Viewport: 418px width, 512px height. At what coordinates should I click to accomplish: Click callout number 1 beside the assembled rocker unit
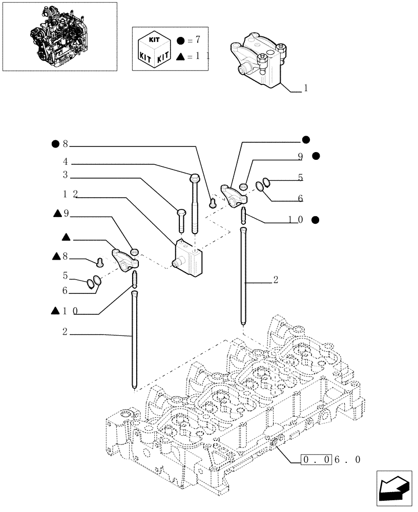(306, 89)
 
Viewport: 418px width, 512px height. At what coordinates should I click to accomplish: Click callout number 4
(66, 161)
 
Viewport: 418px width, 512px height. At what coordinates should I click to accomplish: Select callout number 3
(66, 175)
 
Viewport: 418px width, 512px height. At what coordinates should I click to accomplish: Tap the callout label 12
(70, 194)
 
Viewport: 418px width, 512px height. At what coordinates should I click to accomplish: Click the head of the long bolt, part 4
(195, 178)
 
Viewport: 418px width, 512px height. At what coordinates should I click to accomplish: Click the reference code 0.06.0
(331, 459)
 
